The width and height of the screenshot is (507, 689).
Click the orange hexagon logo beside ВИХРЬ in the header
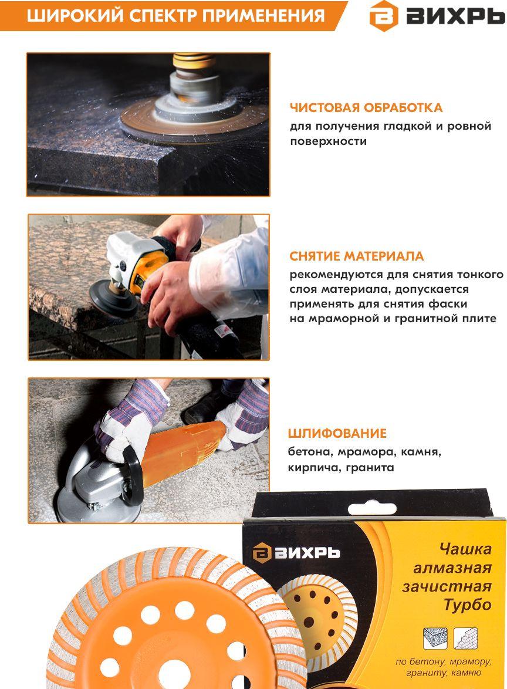(x=384, y=16)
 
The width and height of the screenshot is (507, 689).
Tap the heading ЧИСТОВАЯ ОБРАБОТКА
(x=366, y=107)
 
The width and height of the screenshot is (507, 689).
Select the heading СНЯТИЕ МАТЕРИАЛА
(x=356, y=256)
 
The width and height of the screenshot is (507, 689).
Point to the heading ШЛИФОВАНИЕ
(x=337, y=433)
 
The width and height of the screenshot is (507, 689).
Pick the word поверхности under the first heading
(x=328, y=142)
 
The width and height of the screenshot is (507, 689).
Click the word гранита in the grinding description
(x=370, y=468)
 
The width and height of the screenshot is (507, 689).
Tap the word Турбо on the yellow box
(x=468, y=605)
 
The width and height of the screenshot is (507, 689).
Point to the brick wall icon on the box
(x=466, y=638)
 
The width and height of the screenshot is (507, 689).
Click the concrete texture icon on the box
(x=435, y=638)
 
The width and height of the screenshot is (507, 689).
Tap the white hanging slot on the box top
(x=371, y=509)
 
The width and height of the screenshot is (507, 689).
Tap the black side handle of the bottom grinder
(x=132, y=475)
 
